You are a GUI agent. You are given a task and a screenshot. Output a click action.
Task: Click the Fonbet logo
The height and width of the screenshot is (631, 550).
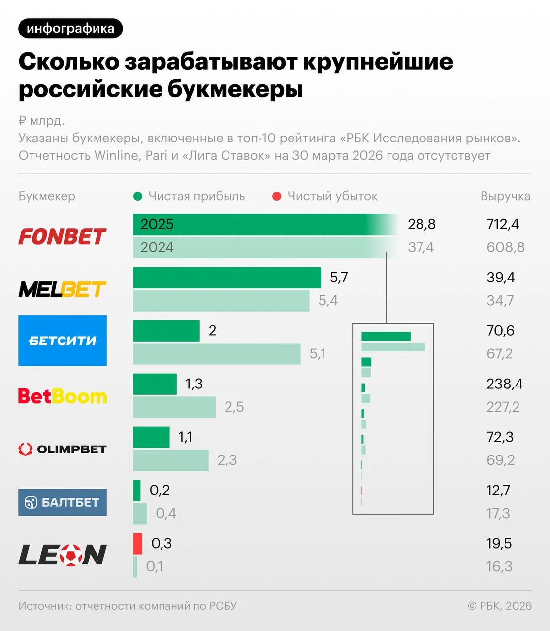pyautogui.click(x=62, y=237)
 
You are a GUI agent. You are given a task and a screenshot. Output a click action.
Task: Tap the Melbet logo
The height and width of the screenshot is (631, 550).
pyautogui.click(x=62, y=289)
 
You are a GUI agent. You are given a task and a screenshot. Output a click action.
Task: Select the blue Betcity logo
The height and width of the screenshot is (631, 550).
pyautogui.click(x=63, y=341)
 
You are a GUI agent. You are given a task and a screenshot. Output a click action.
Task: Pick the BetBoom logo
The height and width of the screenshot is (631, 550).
pyautogui.click(x=63, y=396)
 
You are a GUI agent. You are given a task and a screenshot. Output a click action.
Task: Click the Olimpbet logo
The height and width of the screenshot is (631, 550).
pyautogui.click(x=63, y=449)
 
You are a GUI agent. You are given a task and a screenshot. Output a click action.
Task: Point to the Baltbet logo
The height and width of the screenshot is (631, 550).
pyautogui.click(x=63, y=502)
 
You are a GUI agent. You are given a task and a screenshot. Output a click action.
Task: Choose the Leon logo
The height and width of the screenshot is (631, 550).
pyautogui.click(x=63, y=555)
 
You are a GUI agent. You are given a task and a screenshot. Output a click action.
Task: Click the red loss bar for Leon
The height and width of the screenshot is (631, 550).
pyautogui.click(x=138, y=543)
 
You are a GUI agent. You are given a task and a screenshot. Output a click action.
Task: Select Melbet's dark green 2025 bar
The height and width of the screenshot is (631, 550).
pyautogui.click(x=226, y=278)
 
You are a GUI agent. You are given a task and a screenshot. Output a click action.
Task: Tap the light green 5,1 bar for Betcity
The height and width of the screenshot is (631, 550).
pyautogui.click(x=217, y=354)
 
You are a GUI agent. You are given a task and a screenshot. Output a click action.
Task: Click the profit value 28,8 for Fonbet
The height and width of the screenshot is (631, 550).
pyautogui.click(x=421, y=224)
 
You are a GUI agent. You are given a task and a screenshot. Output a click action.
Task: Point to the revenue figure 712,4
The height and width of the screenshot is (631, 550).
pyautogui.click(x=503, y=224)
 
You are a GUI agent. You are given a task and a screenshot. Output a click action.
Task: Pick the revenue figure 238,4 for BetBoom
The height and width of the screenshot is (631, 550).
pyautogui.click(x=505, y=384)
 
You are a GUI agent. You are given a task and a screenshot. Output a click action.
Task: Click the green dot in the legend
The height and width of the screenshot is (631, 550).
pyautogui.click(x=138, y=196)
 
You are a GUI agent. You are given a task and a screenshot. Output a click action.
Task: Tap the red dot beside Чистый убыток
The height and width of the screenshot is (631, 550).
pyautogui.click(x=277, y=196)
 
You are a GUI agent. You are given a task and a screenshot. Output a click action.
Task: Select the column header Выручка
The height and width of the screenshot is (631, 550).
pyautogui.click(x=505, y=196)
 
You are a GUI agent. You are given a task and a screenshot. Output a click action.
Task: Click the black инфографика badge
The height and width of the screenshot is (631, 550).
pyautogui.click(x=70, y=29)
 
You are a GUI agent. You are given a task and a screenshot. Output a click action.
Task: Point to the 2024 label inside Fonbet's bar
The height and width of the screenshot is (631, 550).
pyautogui.click(x=157, y=247)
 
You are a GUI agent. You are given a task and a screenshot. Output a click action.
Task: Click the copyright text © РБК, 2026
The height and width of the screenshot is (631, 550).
pyautogui.click(x=500, y=606)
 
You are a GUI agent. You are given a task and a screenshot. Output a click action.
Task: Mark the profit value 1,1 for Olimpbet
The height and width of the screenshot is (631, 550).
pyautogui.click(x=185, y=437)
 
